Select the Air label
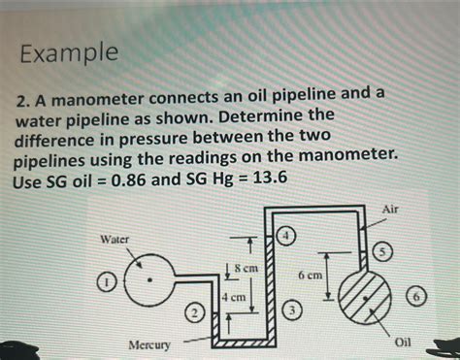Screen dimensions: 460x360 tap(390, 209)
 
